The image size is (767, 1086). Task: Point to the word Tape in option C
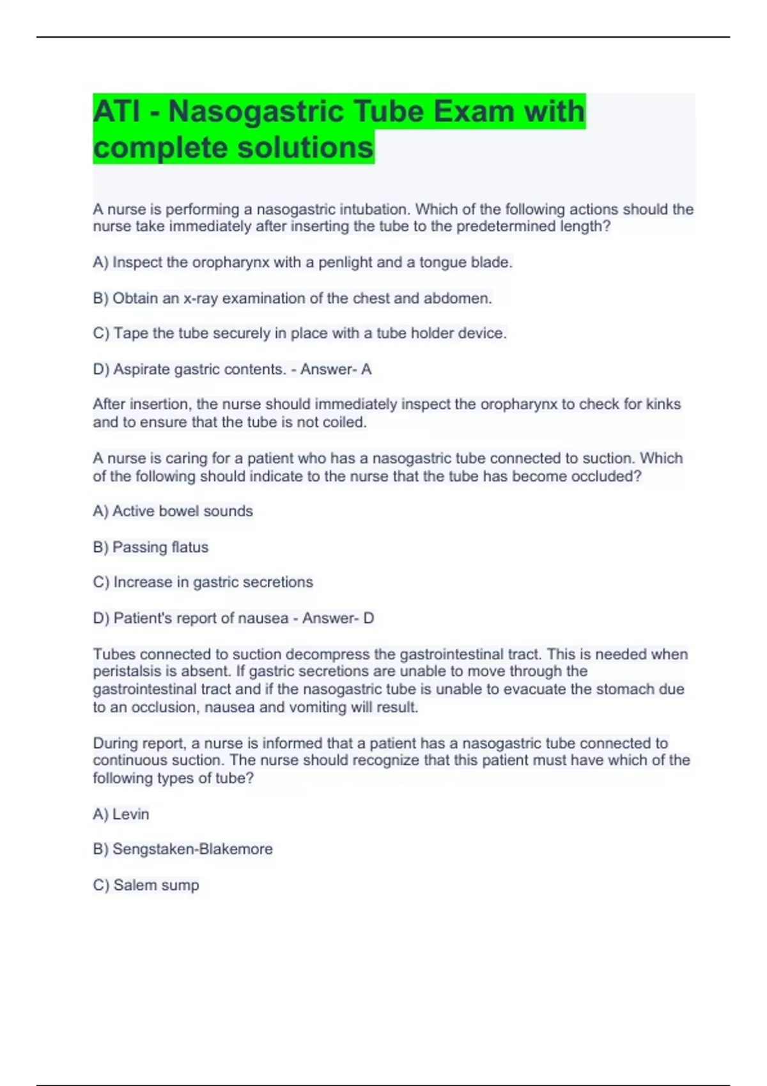(130, 333)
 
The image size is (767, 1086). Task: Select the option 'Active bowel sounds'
(173, 511)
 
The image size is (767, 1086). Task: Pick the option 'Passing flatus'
(151, 547)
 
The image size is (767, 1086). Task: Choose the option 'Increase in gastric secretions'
(203, 582)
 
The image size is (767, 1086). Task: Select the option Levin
(121, 814)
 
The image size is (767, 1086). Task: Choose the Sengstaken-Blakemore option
(183, 849)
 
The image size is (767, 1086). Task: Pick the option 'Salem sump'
(146, 885)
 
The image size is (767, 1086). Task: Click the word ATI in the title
(116, 111)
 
